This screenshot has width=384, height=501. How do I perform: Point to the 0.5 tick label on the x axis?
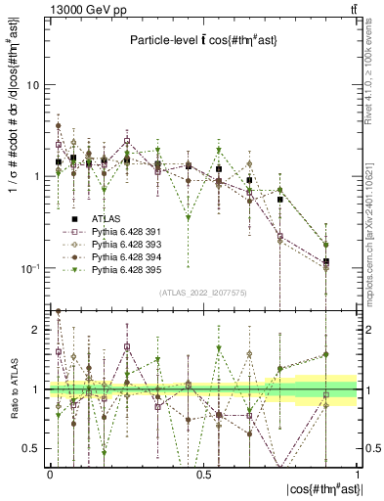click(203, 475)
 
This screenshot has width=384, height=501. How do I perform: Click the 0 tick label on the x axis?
click(50, 475)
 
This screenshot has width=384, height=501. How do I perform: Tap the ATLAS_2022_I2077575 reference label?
click(202, 294)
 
